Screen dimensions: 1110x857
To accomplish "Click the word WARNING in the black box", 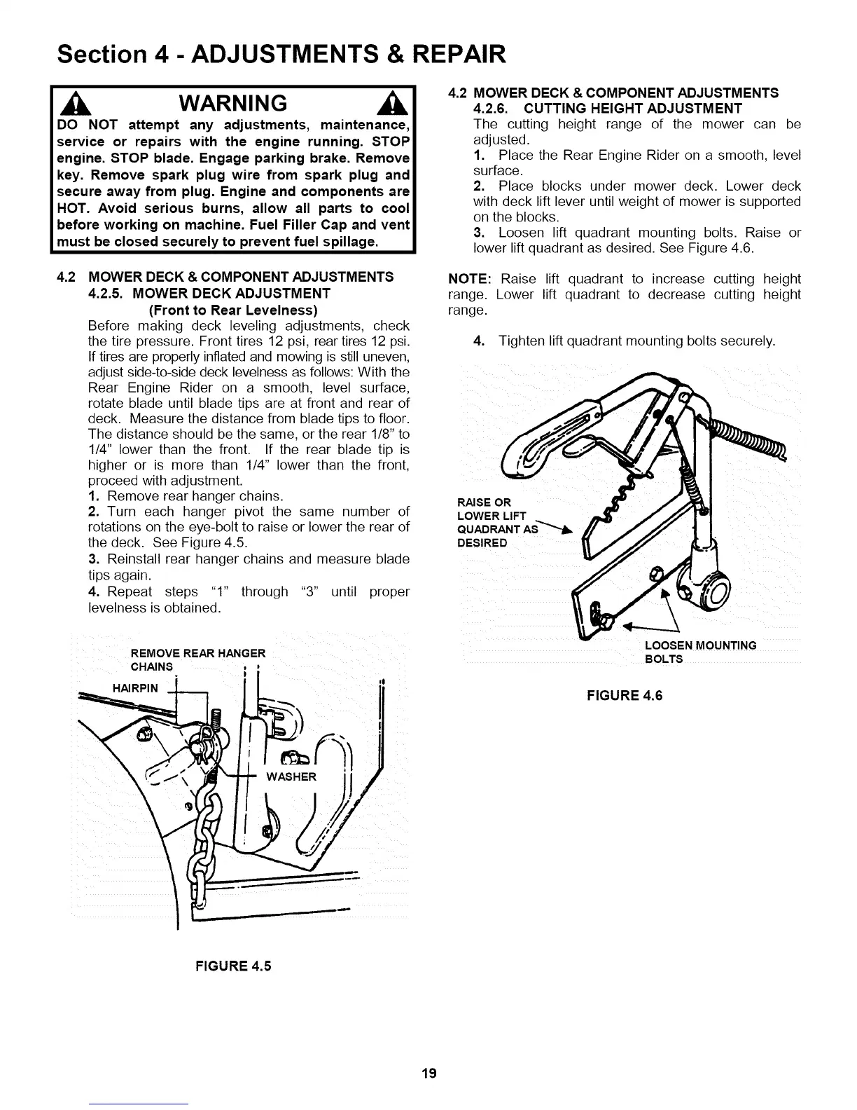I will (233, 104).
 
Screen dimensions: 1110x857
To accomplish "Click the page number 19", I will (428, 1073).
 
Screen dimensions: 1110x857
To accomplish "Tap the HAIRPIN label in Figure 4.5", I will (135, 688).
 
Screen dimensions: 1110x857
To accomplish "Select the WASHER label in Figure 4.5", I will (291, 776).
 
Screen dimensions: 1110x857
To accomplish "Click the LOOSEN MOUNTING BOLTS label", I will (699, 652).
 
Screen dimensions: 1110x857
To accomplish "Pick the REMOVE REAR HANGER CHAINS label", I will (198, 659).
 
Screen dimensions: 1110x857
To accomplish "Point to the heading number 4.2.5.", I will (107, 293).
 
